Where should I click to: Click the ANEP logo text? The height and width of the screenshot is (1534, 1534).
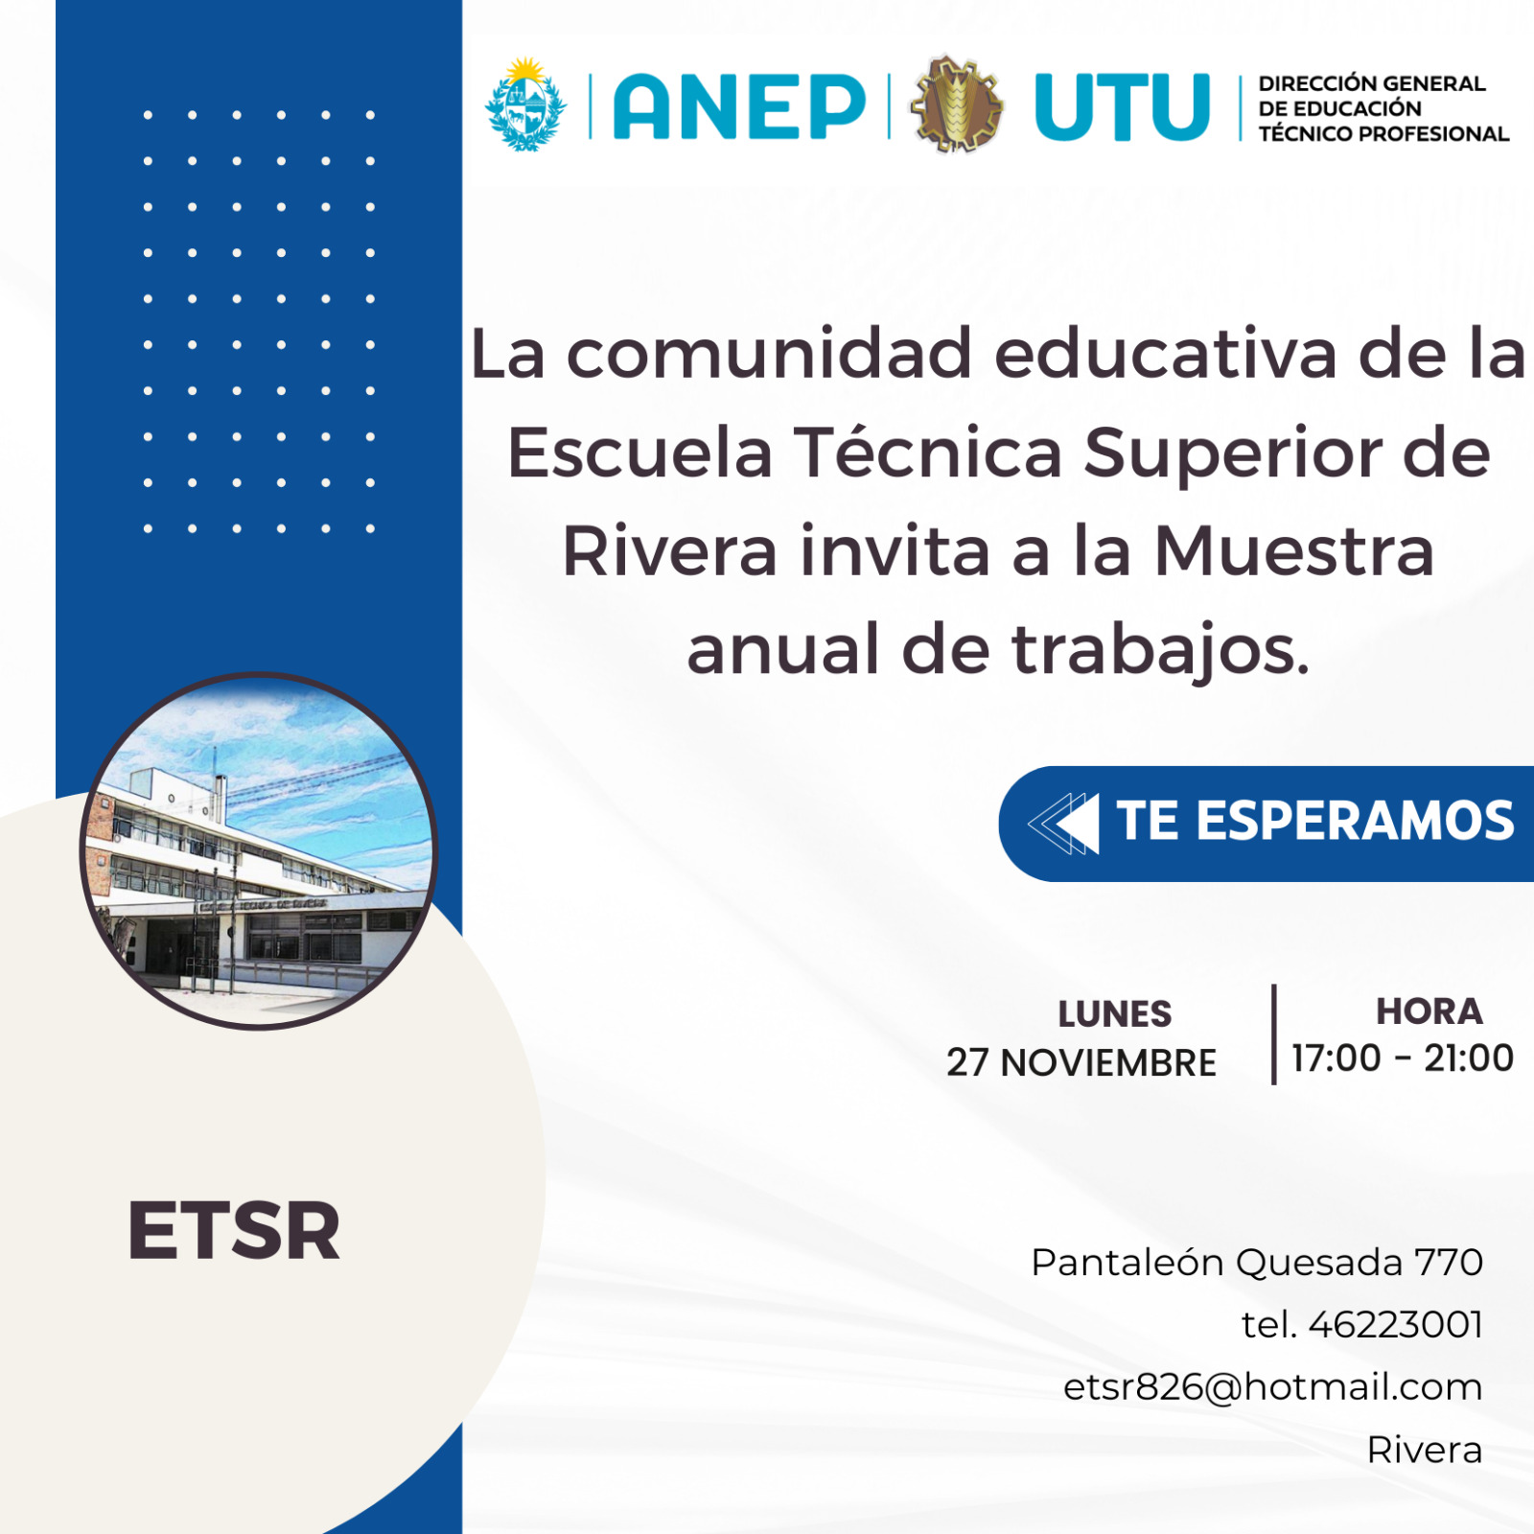click(738, 105)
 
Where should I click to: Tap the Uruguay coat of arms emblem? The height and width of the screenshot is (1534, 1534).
click(524, 105)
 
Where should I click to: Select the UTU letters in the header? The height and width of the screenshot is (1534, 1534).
click(1122, 106)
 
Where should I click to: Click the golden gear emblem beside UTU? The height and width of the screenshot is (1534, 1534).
click(956, 104)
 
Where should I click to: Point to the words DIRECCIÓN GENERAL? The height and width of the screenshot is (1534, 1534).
click(1372, 83)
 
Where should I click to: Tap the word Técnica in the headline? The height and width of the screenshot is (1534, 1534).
click(927, 453)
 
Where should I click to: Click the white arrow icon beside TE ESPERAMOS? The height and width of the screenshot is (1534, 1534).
click(1063, 824)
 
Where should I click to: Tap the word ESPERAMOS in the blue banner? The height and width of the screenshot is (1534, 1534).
click(1356, 822)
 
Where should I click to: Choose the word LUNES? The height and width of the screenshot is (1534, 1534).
click(1115, 1013)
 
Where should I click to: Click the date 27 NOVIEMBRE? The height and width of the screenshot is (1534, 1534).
click(1081, 1062)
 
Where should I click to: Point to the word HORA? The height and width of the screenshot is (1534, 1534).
click(1429, 1011)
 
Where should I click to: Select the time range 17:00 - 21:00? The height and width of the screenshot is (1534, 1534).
click(1403, 1058)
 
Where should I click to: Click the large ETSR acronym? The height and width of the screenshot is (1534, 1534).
click(234, 1231)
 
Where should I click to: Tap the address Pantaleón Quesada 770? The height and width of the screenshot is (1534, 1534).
click(1257, 1263)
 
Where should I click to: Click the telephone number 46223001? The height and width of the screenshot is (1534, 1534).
click(1396, 1325)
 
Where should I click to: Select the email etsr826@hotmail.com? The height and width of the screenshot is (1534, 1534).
click(1273, 1387)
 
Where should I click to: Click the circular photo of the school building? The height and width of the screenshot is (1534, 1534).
click(259, 851)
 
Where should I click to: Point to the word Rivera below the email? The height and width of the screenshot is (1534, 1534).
click(1425, 1450)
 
